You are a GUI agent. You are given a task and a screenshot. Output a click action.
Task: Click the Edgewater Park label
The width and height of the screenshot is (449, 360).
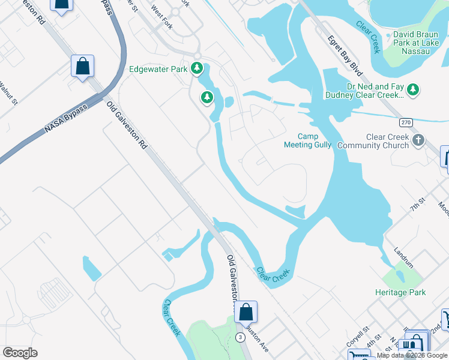click(x=158, y=69)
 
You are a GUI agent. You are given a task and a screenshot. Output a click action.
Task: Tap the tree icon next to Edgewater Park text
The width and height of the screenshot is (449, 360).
click(x=196, y=68)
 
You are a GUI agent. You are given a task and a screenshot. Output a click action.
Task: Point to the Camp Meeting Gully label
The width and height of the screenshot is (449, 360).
click(x=307, y=140)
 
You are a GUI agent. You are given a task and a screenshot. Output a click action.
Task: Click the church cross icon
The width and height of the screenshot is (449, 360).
click(x=418, y=140)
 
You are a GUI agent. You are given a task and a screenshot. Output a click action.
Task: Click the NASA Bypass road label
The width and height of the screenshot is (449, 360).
click(x=66, y=119)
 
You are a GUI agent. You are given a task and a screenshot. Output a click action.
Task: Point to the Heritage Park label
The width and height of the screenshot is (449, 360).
click(x=400, y=292)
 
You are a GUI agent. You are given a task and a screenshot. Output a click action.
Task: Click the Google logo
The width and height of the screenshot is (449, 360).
click(x=20, y=353)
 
